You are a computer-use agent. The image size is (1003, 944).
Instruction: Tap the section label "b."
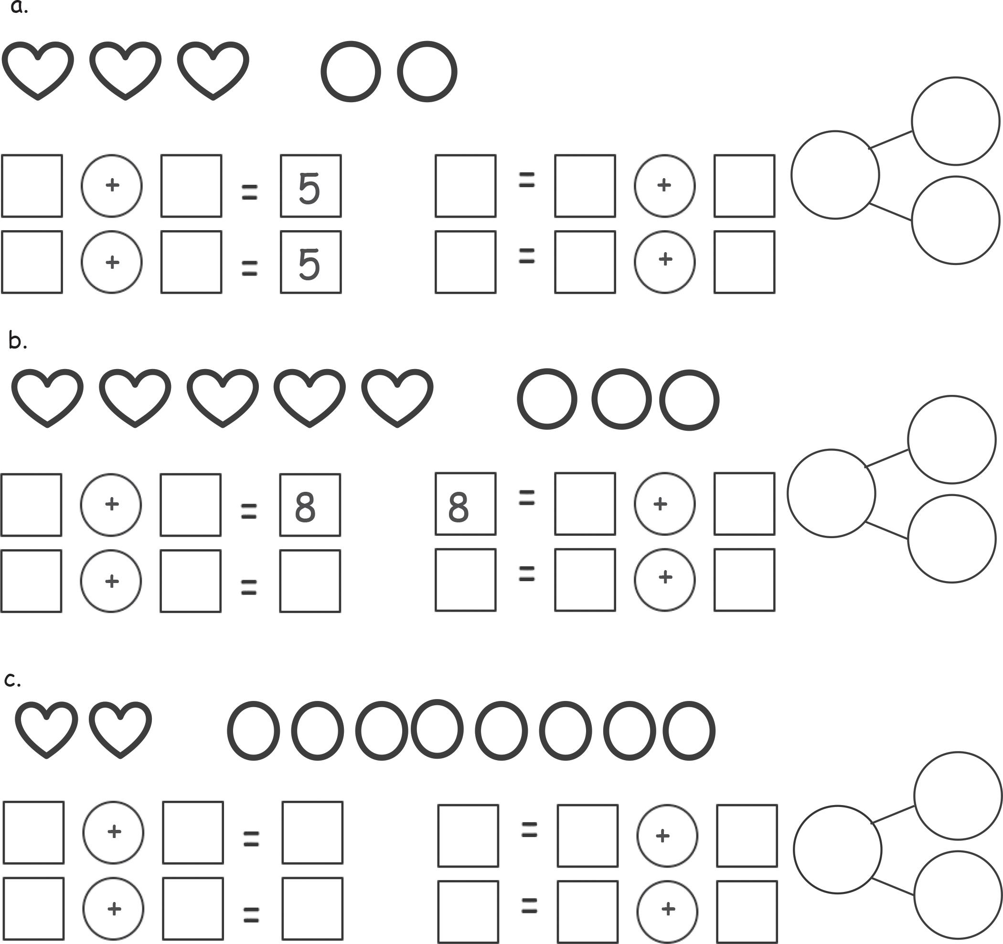17,341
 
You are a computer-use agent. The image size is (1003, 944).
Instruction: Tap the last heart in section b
397,397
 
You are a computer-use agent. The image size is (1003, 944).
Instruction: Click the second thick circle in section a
427,72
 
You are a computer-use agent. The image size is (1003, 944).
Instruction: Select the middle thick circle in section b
621,399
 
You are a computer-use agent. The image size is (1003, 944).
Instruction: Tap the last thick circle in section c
689,730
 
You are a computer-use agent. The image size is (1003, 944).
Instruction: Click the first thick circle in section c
253,730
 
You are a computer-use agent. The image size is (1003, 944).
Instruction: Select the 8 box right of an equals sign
310,505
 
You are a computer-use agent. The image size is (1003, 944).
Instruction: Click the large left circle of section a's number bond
835,175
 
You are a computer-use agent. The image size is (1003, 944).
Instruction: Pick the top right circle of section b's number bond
951,439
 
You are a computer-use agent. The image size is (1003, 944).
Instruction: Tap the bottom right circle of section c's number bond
958,895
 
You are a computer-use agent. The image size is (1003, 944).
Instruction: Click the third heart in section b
223,397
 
